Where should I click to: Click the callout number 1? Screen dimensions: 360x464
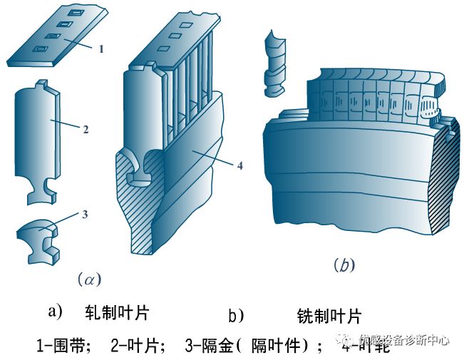point(101,49)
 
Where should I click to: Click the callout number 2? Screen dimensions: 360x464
point(86,130)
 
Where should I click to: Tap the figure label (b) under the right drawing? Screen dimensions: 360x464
point(344,266)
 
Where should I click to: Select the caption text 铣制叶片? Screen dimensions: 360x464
point(329,315)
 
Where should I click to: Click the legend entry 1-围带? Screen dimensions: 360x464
point(63,346)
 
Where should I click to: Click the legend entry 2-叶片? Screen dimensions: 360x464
point(139,346)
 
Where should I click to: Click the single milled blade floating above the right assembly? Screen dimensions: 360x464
point(274,63)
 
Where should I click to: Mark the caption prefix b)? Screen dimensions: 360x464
point(236,315)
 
